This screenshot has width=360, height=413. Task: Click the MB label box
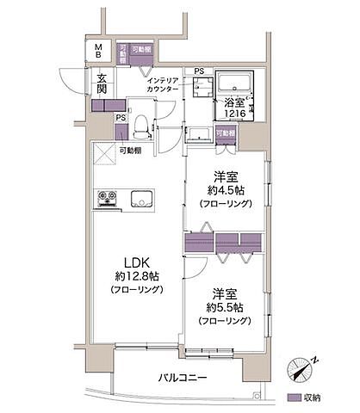[99, 51]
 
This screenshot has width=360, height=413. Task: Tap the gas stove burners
[108, 199]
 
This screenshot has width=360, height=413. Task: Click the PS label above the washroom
[199, 71]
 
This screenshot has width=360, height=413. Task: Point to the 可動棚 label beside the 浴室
[226, 133]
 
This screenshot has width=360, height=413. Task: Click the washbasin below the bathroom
[198, 135]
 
